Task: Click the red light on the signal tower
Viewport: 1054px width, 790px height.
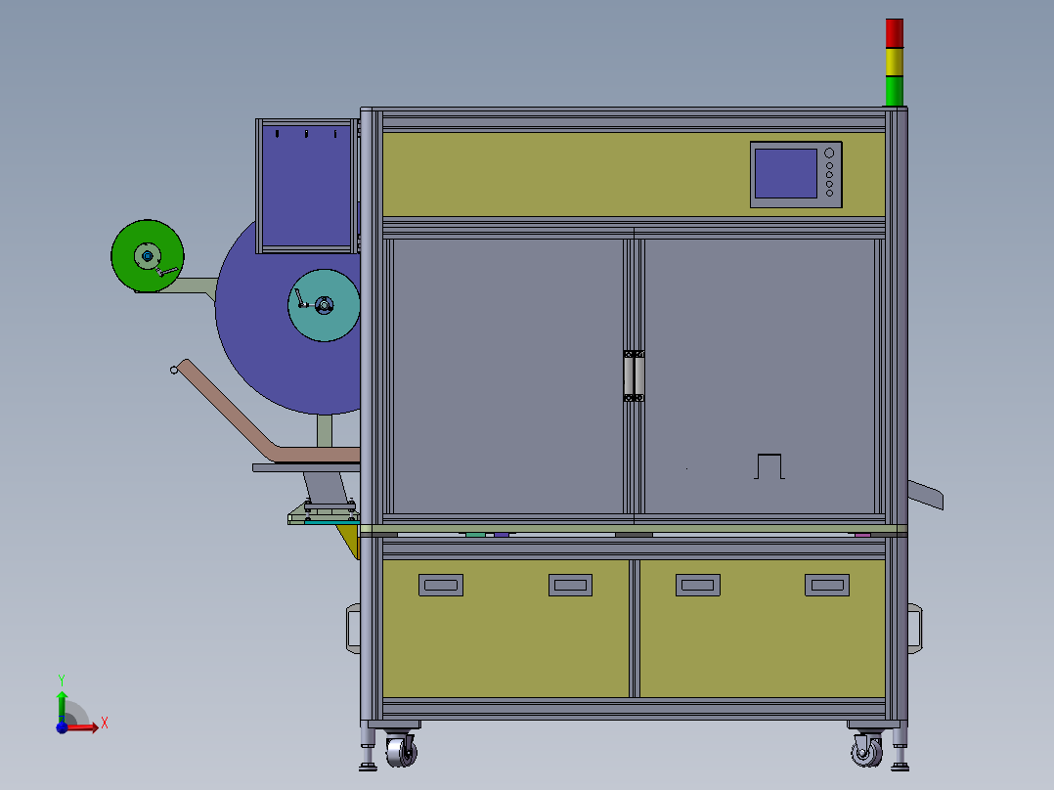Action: tap(895, 32)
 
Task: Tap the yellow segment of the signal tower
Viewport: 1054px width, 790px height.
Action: tap(895, 62)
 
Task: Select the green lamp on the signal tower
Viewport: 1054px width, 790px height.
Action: tap(895, 91)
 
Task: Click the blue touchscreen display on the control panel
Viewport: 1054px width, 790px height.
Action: tap(785, 173)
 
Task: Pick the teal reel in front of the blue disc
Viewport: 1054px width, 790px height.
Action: tap(324, 305)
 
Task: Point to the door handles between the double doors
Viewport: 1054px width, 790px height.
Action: tap(634, 375)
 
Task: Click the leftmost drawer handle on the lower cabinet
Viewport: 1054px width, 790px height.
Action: tap(441, 585)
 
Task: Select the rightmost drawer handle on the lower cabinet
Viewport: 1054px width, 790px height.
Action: tap(827, 585)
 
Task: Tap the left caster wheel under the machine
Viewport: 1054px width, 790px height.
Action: tap(401, 751)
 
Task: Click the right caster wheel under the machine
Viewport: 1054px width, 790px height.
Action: tap(865, 751)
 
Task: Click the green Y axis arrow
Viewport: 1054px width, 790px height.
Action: tap(62, 699)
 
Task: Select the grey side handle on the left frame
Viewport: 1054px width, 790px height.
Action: tap(353, 628)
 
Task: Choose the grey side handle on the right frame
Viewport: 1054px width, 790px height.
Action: tap(915, 628)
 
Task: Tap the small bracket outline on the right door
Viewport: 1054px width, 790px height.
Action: tap(770, 465)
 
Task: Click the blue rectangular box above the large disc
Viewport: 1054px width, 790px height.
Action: tap(303, 186)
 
